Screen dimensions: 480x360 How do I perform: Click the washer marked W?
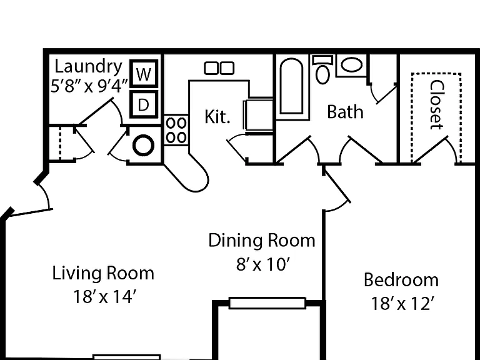tap(144, 73)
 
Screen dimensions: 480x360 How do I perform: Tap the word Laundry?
tap(88, 67)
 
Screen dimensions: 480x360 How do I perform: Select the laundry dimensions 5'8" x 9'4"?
tap(89, 87)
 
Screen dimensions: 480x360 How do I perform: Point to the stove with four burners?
tap(176, 130)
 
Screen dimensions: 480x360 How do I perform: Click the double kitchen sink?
tap(219, 68)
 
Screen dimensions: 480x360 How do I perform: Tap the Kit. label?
tap(217, 117)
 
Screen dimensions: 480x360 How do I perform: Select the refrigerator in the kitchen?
tap(258, 116)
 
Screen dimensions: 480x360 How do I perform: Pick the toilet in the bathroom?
tap(322, 69)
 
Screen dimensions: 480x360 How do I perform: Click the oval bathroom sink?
tap(352, 65)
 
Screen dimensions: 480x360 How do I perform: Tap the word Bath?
tap(345, 112)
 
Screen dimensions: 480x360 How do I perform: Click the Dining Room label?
tap(262, 240)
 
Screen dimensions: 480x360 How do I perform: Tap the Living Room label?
tap(103, 273)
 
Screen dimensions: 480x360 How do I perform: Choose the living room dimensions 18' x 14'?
tap(104, 297)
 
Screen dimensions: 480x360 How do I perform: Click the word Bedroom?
tap(401, 280)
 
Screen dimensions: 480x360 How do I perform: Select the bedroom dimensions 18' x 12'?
tap(402, 304)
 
